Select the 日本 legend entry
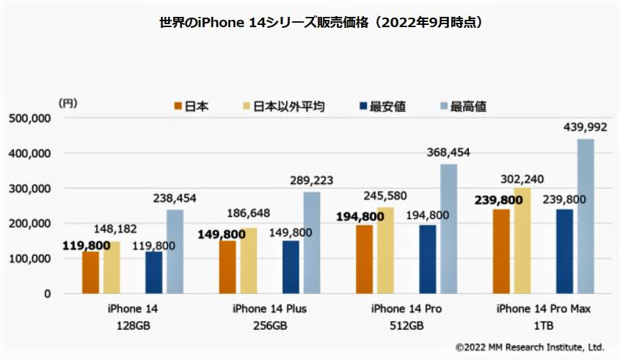(192, 106)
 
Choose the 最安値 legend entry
(381, 106)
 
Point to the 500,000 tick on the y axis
(28, 118)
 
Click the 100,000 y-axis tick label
(28, 259)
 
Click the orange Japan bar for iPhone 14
(90, 272)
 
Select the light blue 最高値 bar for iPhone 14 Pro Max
(586, 216)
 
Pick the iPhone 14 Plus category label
(269, 309)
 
